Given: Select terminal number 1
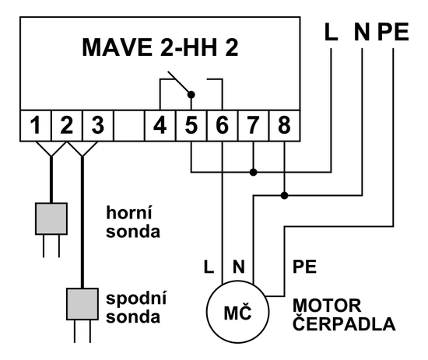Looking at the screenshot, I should pos(35,124).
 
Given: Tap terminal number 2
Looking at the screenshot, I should pos(66,124).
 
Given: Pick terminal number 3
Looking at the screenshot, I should pos(97,124).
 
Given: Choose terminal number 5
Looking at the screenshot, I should pos(191,124).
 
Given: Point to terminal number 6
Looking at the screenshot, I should pos(223,124).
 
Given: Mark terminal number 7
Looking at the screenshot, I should pos(254,124).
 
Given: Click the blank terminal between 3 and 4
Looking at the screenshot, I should pos(128,124).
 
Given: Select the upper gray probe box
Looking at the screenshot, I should pos(51,219).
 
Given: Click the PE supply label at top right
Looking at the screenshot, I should pos(394,33).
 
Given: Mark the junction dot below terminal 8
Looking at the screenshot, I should pos(285,194).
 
